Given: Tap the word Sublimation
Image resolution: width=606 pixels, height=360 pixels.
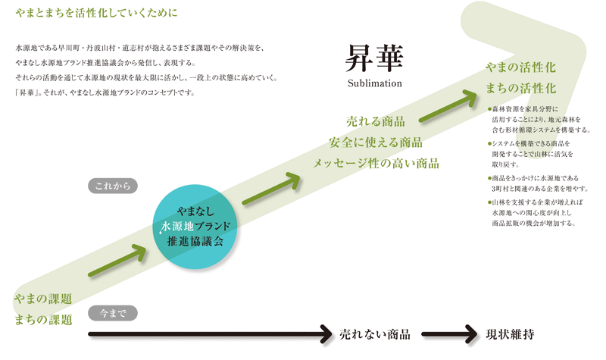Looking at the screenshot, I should coord(374,82).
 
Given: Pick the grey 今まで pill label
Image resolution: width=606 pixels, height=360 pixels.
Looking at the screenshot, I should coord(113,311).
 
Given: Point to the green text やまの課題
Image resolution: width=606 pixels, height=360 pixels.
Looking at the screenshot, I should coord(43,299).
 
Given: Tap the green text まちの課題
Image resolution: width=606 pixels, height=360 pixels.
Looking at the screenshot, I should coord(43,319).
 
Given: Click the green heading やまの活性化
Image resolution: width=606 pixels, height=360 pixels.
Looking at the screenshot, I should coord(520,68).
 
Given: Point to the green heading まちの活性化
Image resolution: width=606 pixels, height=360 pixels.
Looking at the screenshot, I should coord(520,89).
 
